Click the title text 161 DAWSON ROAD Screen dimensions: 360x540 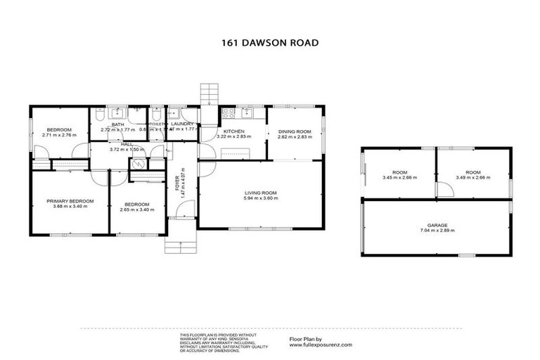click(269, 42)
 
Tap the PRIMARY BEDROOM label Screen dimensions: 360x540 click(70, 202)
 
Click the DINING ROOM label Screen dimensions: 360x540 click(294, 131)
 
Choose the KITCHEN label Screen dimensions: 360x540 click(233, 131)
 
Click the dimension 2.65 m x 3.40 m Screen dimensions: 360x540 click(137, 209)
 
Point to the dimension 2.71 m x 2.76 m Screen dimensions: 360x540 click(59, 136)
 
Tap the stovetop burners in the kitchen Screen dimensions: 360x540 click(227, 112)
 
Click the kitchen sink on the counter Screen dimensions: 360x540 click(247, 112)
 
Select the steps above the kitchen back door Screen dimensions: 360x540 click(210, 94)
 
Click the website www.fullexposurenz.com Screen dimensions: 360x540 click(321, 345)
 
